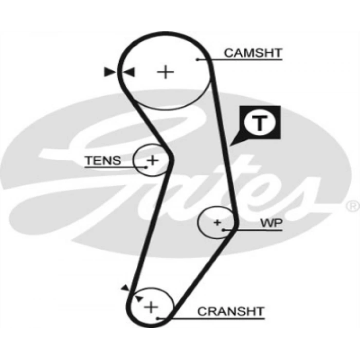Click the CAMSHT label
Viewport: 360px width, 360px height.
[253, 52]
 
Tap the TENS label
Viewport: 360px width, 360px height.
[103, 160]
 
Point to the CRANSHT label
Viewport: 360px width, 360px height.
[230, 311]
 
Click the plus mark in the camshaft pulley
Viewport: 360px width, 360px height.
[166, 71]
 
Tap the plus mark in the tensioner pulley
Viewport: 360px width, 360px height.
[152, 160]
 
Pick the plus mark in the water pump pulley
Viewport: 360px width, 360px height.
[217, 223]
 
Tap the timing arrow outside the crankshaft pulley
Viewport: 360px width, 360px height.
[124, 289]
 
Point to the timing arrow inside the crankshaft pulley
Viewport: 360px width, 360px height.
[138, 298]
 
